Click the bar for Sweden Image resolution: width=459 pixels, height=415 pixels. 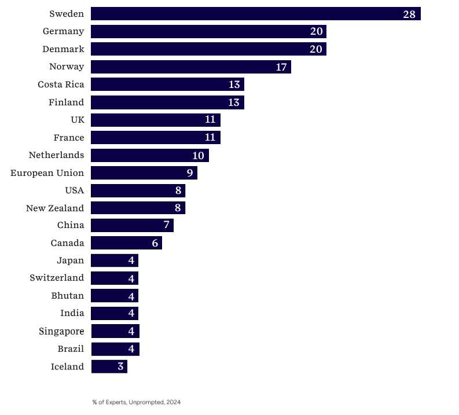255,14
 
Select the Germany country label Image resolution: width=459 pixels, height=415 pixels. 63,31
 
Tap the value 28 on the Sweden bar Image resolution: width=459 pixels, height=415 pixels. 409,14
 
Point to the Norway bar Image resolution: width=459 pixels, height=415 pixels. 190,67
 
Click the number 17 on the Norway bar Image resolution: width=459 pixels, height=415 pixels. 281,67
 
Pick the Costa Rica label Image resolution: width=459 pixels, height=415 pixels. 61,85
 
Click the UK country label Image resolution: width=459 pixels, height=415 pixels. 76,120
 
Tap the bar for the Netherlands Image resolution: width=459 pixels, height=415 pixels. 149,156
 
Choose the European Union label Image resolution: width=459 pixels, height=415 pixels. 47,173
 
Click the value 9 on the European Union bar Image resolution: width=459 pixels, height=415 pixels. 189,173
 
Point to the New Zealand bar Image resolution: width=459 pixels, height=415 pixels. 138,208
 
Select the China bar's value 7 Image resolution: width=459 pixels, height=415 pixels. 166,225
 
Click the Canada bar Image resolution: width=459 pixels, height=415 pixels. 126,243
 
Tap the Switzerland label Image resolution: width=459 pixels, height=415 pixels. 57,278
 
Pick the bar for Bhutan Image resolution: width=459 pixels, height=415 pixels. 114,296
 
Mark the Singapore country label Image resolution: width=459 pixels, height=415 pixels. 61,332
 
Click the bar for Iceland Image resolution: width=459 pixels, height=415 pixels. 109,366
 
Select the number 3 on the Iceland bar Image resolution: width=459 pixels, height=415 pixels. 120,366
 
